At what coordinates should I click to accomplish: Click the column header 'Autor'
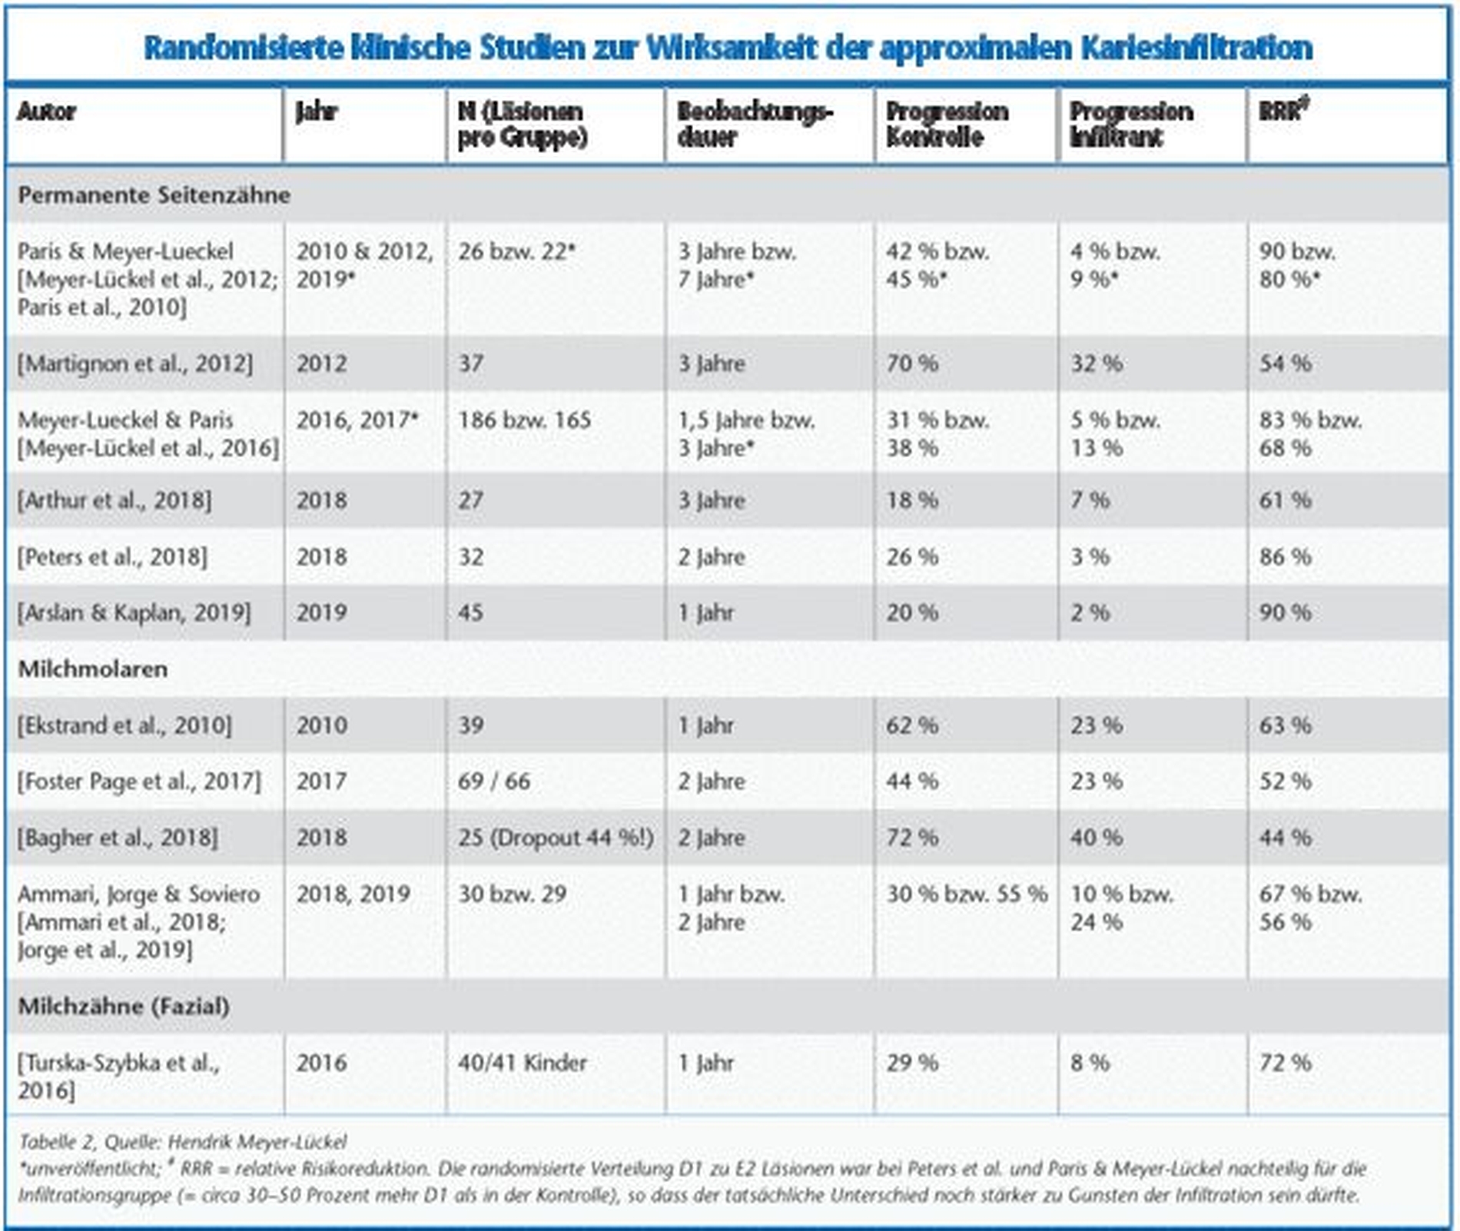tap(47, 112)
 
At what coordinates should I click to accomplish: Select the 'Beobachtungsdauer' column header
tap(755, 124)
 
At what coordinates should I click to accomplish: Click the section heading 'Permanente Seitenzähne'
tap(154, 195)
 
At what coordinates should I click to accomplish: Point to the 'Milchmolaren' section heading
tap(93, 669)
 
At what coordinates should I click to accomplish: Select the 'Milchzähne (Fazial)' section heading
tap(124, 1007)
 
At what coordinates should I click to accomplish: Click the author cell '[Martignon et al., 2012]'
tap(135, 363)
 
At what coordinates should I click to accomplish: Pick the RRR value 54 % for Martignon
tap(1285, 363)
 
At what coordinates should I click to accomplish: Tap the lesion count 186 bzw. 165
tap(525, 420)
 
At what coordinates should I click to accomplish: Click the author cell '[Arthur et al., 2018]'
tap(114, 500)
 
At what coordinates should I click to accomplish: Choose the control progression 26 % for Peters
tap(912, 556)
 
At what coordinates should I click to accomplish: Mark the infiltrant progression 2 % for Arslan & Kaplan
tap(1090, 612)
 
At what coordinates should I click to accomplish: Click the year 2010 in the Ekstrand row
tap(321, 725)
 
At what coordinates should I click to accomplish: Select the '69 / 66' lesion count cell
tap(494, 781)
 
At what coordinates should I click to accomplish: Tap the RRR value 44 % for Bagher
tap(1285, 838)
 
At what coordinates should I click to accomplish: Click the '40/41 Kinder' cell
tap(523, 1063)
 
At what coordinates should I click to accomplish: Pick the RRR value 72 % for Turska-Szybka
tap(1285, 1063)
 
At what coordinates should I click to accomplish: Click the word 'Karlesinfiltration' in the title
tap(1196, 48)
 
